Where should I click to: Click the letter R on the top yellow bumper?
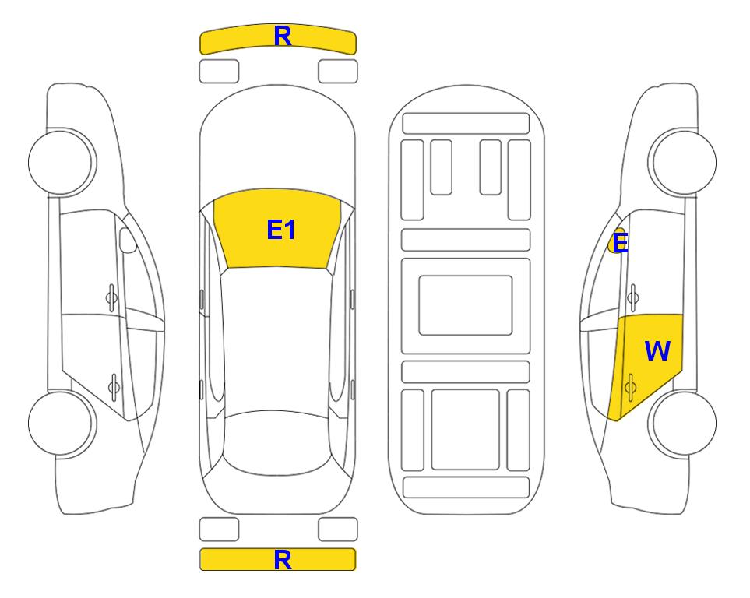point(282,36)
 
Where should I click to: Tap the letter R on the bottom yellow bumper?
point(282,559)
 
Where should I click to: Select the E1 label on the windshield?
point(281,230)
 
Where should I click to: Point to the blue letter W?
point(657,350)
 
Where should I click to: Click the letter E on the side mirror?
point(620,243)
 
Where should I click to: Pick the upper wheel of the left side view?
point(62,162)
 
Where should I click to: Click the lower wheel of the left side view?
point(62,423)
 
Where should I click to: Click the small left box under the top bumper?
point(219,72)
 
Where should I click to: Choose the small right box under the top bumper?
point(338,72)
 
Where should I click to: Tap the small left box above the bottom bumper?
point(219,529)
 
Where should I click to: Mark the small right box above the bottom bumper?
point(338,529)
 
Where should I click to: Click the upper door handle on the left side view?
point(111,297)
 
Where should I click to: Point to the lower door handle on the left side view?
point(114,386)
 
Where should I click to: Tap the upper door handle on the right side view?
point(633,297)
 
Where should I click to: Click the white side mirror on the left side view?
point(127,240)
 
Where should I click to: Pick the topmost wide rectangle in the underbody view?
point(466,124)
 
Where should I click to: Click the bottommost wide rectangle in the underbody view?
point(466,487)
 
